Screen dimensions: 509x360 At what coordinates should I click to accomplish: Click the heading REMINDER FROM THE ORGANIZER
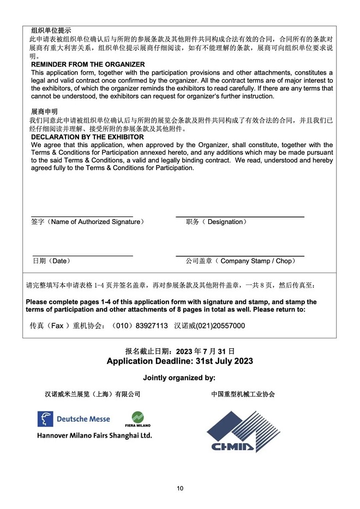coord(88,64)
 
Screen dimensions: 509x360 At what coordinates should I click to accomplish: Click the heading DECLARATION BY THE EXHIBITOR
coord(87,137)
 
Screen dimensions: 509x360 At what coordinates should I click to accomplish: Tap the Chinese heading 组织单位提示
coord(51,31)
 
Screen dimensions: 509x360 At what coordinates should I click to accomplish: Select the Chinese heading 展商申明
coord(44,111)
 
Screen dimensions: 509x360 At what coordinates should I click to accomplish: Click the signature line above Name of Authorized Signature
coord(82,217)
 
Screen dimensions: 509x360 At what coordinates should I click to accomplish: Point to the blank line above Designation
coord(239,217)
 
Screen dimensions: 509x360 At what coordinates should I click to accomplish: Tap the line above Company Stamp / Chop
coord(239,256)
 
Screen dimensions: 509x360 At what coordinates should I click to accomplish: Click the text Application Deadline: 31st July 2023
coord(179,361)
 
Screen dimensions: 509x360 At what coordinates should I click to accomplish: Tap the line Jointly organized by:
coord(179,378)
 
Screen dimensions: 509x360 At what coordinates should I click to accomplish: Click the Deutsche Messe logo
coord(74,419)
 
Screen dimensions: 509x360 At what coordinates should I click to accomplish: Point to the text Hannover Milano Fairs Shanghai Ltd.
coord(94,435)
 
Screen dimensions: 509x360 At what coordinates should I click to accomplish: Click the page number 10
coord(180,488)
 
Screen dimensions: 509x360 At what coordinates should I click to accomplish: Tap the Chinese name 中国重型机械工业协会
coord(243,394)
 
